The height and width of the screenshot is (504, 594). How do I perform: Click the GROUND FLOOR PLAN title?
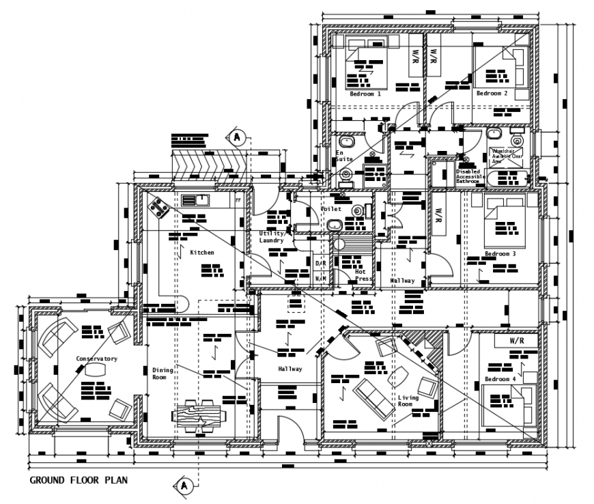[78, 480]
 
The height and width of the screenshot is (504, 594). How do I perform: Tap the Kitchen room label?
[202, 253]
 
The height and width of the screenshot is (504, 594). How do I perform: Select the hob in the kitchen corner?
[158, 207]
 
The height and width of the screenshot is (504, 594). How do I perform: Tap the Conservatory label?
[97, 359]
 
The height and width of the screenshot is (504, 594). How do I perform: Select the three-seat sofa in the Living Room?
[373, 393]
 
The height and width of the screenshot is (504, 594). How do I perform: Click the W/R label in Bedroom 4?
[517, 340]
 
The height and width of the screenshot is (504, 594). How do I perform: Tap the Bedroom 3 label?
[500, 254]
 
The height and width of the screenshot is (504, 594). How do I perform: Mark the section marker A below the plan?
[184, 486]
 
